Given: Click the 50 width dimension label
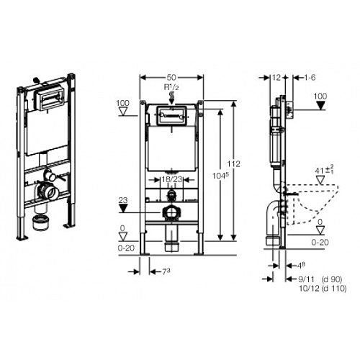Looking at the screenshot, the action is click(x=171, y=78).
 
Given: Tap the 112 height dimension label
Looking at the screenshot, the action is click(x=233, y=164).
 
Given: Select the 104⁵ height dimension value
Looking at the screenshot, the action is click(x=220, y=176).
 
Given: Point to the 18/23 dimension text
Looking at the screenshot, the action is click(x=171, y=179).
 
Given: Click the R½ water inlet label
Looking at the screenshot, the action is click(x=171, y=87).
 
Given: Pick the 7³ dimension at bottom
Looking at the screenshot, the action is click(x=166, y=272).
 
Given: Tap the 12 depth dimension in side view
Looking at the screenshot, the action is click(x=276, y=78).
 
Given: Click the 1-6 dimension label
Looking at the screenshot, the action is click(x=310, y=78).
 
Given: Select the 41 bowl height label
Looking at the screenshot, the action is click(x=325, y=170).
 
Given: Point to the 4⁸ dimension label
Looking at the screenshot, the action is click(x=301, y=266).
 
